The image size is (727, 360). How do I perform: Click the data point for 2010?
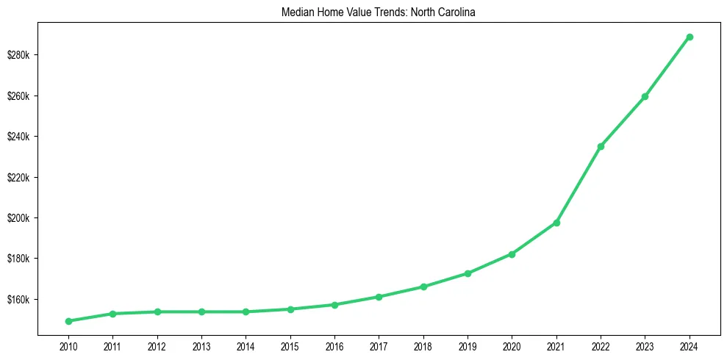coord(68,321)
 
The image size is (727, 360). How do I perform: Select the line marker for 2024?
coord(690,37)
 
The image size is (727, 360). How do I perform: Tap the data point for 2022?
coord(601,146)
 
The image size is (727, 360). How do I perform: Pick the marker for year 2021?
coord(556,223)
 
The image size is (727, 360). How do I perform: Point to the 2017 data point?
coord(379,297)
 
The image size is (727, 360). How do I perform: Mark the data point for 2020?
coord(512,254)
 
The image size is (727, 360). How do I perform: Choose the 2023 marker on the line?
coord(645,96)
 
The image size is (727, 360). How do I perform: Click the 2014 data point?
coord(246,312)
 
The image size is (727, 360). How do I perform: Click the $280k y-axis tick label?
coord(23,56)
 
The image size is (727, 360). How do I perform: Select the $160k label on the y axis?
coord(23,300)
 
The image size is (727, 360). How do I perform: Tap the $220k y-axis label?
coord(23,178)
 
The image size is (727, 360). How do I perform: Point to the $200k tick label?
coord(23,218)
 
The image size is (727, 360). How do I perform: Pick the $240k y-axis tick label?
coord(23,137)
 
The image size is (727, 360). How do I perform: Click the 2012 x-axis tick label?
coord(157,345)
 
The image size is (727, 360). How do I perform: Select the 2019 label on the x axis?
coord(468,345)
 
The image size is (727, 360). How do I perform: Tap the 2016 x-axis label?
coord(334,345)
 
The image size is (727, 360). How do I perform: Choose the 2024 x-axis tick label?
coord(690,345)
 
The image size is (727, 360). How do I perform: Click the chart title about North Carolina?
coord(379,12)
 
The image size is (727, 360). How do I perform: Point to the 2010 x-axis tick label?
coord(68,345)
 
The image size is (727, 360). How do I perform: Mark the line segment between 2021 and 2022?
coord(579,184)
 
